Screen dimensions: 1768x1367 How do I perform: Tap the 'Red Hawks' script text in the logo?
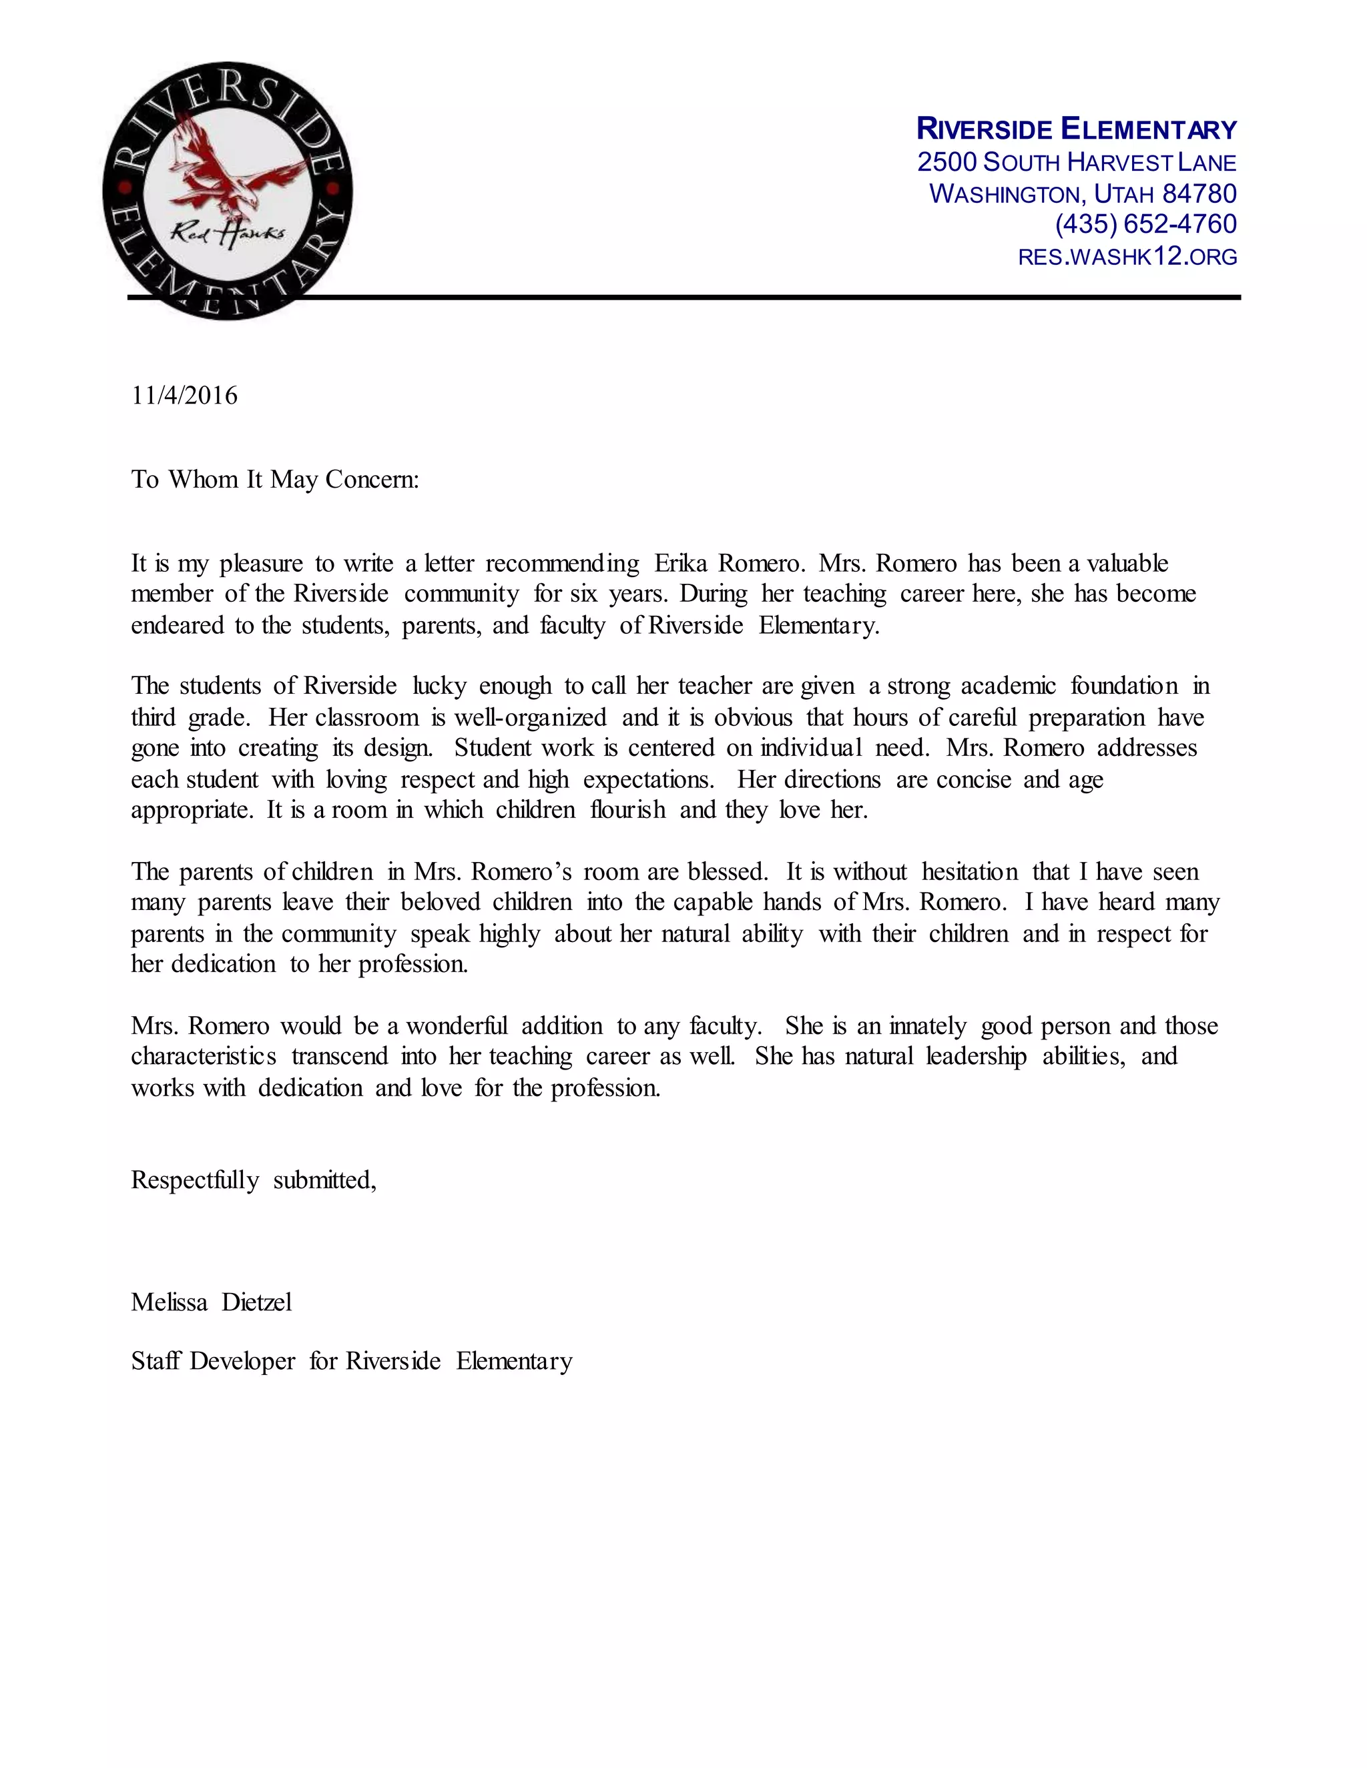228,233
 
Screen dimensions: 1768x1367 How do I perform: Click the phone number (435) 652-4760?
1145,224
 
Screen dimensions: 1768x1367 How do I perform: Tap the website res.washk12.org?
1127,257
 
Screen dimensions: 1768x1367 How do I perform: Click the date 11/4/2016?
185,396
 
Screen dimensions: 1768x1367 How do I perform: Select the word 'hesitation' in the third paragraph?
969,872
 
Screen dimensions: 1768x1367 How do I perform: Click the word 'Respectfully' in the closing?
195,1180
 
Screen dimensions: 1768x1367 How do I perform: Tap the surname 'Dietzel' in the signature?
257,1302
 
